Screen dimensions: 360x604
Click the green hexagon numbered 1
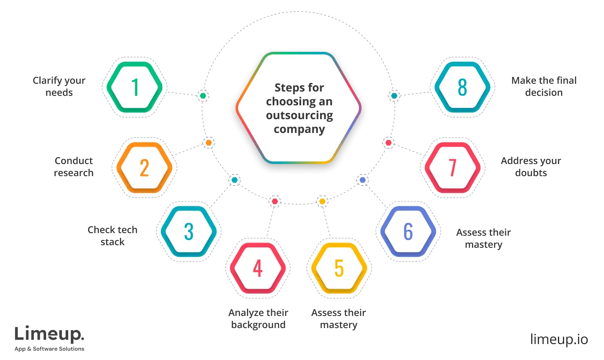135,87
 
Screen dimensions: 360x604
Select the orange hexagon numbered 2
144,167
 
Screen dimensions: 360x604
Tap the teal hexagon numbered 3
189,231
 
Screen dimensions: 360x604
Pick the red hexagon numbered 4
258,268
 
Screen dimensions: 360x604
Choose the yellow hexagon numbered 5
339,268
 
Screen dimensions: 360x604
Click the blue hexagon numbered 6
408,231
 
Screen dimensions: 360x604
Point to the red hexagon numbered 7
453,167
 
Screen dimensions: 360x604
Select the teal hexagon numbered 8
462,87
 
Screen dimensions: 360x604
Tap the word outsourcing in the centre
299,115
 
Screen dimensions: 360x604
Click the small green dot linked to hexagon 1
202,95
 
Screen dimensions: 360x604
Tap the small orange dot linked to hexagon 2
209,142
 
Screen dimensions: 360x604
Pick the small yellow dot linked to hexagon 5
322,201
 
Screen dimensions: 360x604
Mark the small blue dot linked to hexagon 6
362,179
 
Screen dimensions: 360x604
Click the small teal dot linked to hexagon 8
393,95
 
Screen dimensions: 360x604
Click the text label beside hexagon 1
58,86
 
